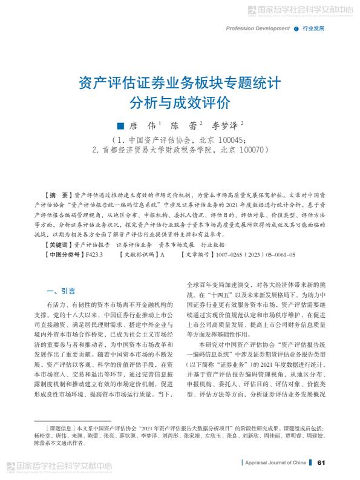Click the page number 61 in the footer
click(322, 462)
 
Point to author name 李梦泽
click(224, 127)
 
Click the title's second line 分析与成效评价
click(180, 100)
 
